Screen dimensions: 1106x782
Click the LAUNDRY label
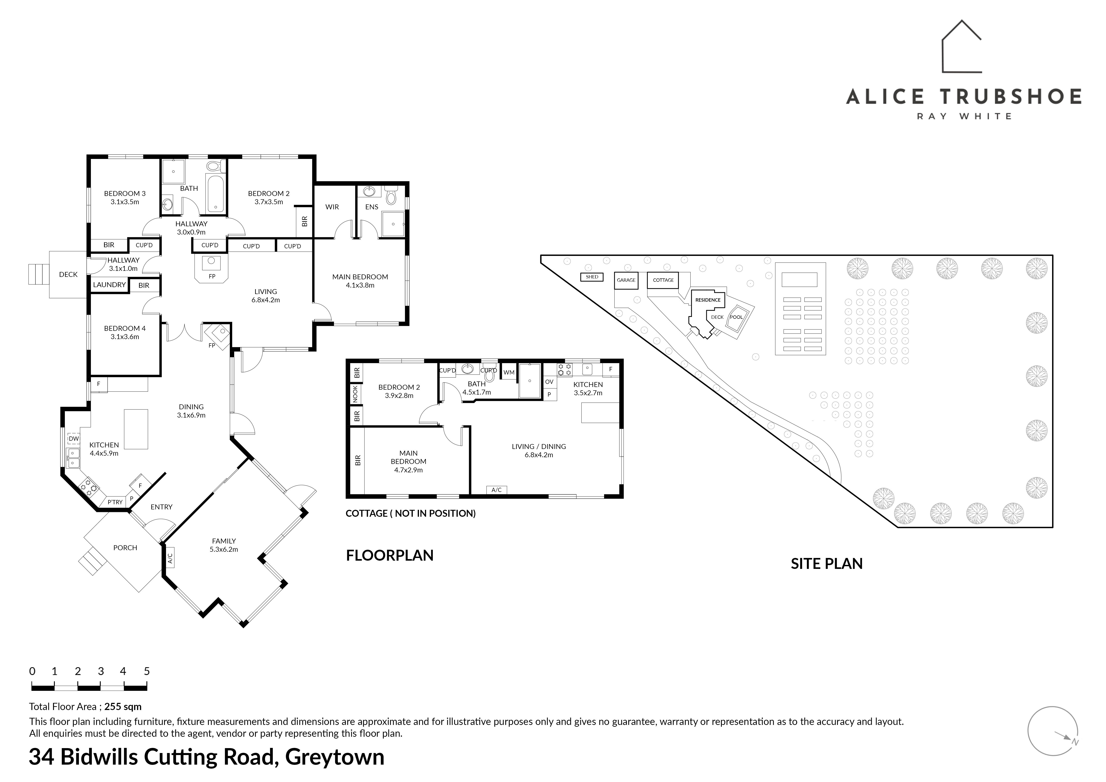point(109,285)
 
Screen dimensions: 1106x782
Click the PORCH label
point(125,548)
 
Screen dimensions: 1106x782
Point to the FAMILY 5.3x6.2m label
point(224,545)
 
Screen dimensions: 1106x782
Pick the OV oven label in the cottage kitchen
point(549,382)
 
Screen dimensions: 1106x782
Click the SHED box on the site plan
point(592,277)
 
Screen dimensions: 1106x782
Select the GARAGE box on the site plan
point(626,280)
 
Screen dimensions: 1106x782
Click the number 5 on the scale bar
point(147,671)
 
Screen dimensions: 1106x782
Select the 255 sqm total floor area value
point(123,707)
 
